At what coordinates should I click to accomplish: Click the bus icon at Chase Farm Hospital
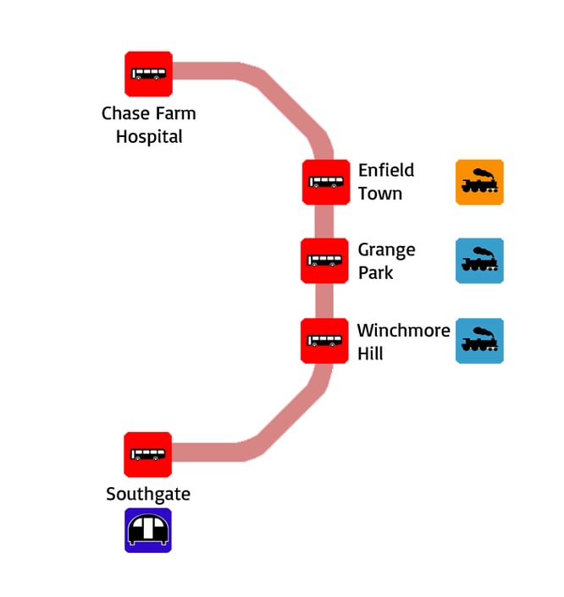[x=148, y=74]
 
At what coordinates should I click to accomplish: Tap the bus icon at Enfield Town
[x=326, y=182]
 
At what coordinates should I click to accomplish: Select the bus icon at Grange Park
[x=325, y=260]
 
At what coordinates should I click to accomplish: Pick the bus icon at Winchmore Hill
[x=325, y=341]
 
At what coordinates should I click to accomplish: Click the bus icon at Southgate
[x=147, y=454]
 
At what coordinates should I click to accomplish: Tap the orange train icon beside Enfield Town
[x=479, y=182]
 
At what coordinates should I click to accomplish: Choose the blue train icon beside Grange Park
[x=479, y=260]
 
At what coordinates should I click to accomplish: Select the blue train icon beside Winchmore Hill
[x=479, y=341]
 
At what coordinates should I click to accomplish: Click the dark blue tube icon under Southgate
[x=148, y=530]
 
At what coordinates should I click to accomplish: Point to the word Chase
[x=125, y=113]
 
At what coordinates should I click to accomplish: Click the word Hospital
[x=149, y=136]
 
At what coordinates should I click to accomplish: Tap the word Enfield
[x=386, y=170]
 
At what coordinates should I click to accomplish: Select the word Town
[x=379, y=194]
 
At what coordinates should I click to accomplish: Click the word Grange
[x=386, y=250]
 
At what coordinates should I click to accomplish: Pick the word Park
[x=375, y=273]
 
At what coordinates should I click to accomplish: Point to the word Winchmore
[x=403, y=330]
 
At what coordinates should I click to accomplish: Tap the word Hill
[x=370, y=353]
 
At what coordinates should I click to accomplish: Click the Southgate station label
[x=148, y=495]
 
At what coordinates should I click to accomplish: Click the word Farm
[x=175, y=113]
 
